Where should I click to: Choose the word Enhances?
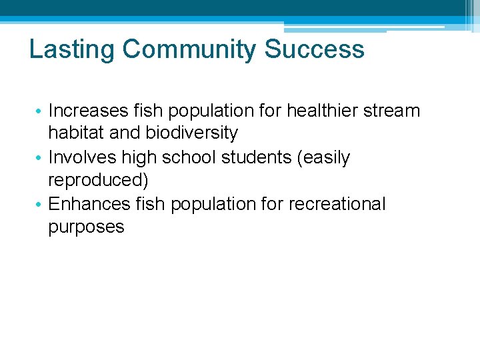coord(87,204)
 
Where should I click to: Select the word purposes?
coord(86,227)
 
